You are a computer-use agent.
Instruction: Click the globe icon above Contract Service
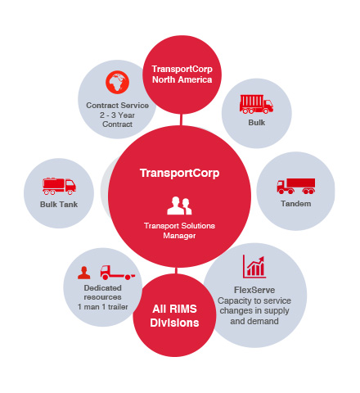point(117,82)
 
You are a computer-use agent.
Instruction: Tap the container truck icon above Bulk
point(256,104)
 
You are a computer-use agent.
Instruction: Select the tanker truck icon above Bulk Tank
point(59,186)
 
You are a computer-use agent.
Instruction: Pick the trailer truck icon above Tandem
point(296,186)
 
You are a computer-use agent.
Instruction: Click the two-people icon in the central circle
point(179,206)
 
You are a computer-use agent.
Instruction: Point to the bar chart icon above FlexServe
point(254,266)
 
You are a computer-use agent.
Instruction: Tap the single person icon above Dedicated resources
point(84,273)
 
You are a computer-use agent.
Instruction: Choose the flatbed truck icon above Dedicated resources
point(118,273)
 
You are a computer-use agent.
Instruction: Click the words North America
point(182,79)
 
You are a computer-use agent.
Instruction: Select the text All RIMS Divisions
point(174,316)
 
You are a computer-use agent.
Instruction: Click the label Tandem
point(296,204)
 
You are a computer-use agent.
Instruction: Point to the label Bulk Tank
point(59,205)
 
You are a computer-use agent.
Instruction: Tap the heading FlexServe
point(254,290)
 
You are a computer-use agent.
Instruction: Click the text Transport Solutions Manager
point(179,231)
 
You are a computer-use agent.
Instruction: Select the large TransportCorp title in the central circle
point(179,173)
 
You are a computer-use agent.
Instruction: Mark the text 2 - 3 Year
point(117,115)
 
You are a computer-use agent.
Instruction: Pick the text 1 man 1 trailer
point(103,307)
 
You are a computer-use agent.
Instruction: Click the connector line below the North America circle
point(181,120)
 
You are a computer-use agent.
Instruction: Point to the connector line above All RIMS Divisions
point(176,271)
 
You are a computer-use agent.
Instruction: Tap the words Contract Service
point(117,106)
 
